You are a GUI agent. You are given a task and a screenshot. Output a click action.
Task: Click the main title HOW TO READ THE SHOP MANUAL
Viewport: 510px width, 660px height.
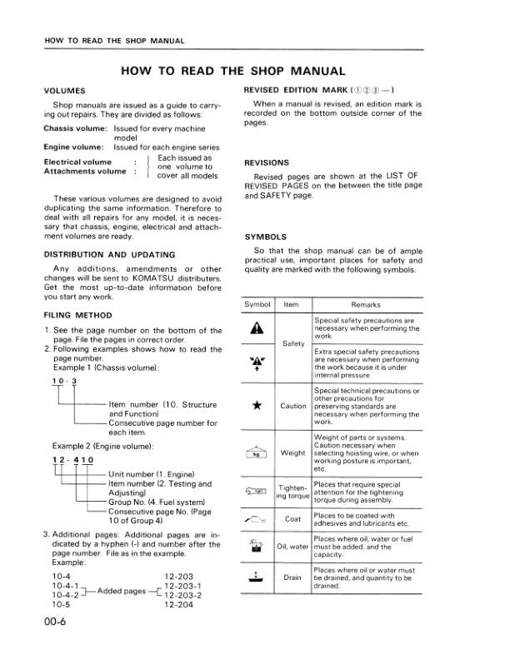point(233,72)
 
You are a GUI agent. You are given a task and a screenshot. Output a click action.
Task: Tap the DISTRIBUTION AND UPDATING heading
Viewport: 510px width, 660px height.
point(109,254)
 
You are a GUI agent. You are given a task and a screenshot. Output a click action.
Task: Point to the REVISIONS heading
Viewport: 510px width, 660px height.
point(267,162)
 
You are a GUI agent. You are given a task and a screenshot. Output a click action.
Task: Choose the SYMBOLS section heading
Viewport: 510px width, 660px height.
point(264,237)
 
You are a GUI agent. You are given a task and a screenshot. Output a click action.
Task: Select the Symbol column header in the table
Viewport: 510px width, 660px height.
point(257,305)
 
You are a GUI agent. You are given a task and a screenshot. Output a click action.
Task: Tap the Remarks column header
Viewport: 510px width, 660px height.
point(365,305)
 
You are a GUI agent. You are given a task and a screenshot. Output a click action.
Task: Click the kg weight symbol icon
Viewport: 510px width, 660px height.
point(257,453)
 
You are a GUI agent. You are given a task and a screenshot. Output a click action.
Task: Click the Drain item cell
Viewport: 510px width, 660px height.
point(292,577)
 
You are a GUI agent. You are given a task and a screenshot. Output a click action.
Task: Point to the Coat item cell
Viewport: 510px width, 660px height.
point(292,518)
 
